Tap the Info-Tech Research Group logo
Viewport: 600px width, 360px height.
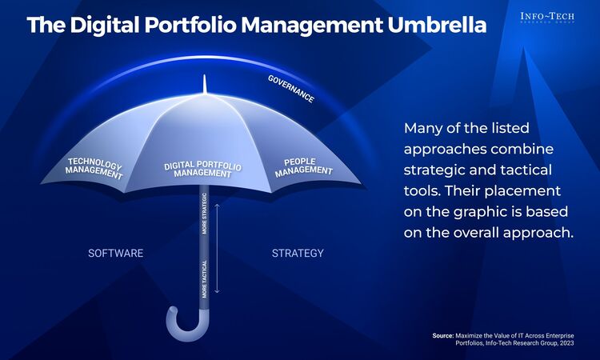(547, 18)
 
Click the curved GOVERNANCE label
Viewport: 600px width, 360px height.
(290, 89)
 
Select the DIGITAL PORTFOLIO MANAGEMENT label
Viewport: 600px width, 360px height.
(203, 170)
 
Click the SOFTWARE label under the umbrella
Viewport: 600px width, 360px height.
(115, 254)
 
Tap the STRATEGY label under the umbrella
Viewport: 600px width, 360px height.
(298, 254)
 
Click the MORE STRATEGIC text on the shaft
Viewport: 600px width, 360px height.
(205, 214)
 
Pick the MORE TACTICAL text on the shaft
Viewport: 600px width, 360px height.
(205, 278)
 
